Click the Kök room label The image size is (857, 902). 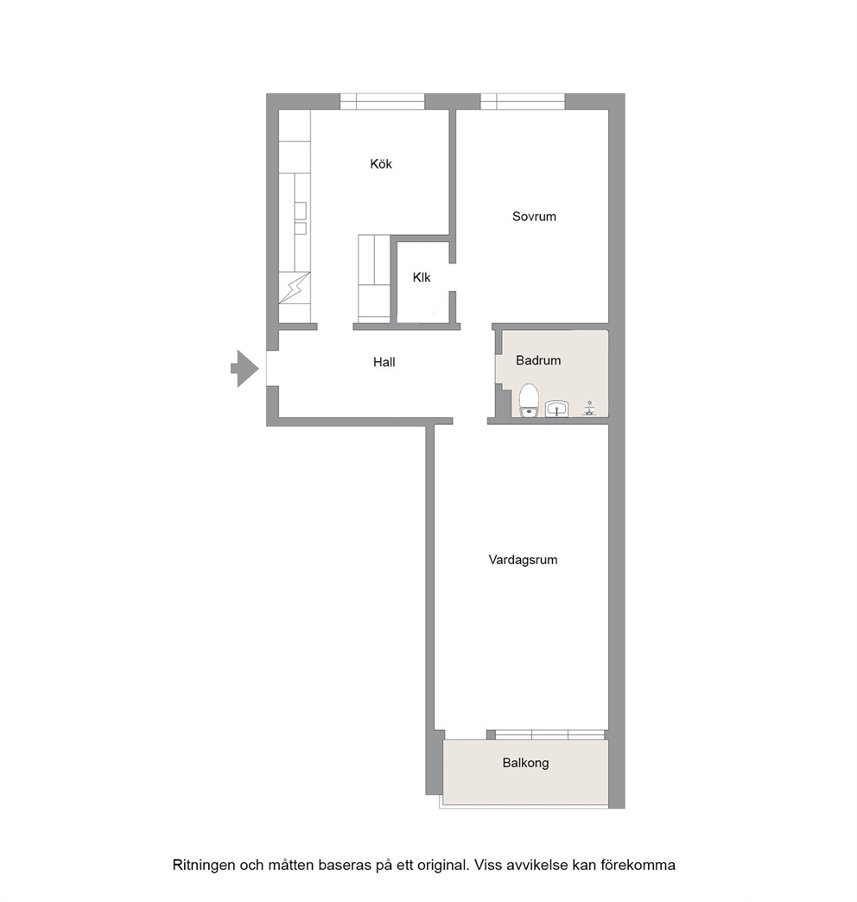coord(381,164)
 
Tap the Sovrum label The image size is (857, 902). coord(534,216)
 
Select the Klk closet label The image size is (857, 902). coord(422,277)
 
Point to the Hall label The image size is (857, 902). coord(384,362)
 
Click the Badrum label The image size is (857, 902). coord(537,360)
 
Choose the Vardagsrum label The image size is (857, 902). coord(523,560)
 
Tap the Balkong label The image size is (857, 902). coord(526,763)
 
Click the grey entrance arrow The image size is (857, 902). coord(245,368)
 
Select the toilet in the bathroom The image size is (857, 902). coord(529,400)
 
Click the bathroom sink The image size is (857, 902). coord(556,409)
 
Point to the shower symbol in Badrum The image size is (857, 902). coord(589,408)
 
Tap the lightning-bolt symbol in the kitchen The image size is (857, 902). coord(294,288)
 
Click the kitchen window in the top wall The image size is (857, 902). coord(382,101)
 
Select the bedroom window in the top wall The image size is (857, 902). coord(523,101)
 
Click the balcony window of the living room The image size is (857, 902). coord(549,734)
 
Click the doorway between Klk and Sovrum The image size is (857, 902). coord(453,277)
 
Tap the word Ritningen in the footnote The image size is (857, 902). coord(204,865)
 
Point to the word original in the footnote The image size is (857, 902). coord(445,865)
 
